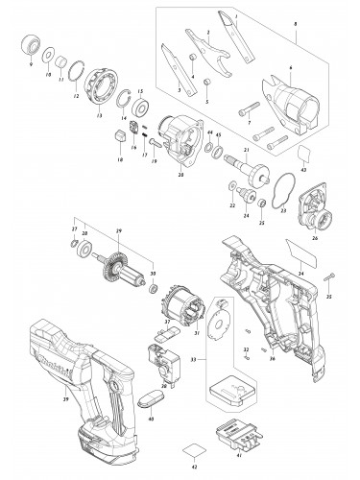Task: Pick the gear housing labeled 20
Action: point(173,139)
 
